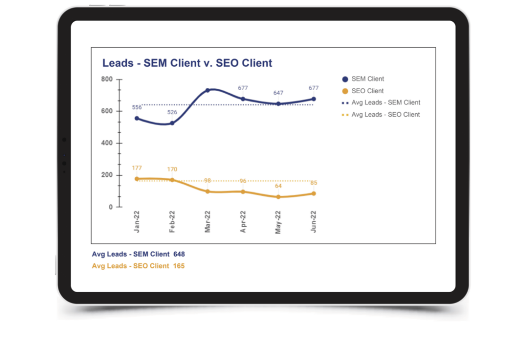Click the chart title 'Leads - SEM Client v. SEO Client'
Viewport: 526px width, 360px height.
pos(187,63)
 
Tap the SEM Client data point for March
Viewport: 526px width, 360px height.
pos(207,90)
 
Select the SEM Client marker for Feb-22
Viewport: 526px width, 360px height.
pos(172,123)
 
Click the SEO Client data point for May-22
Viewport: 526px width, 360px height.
pos(278,197)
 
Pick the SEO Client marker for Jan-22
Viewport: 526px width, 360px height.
pos(137,179)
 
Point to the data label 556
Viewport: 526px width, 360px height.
pos(137,107)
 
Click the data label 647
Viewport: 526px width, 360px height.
pos(278,93)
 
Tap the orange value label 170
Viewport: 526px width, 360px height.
pos(172,169)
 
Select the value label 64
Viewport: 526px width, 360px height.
pos(278,186)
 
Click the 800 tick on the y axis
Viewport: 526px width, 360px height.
pos(107,79)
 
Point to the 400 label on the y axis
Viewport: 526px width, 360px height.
pos(107,143)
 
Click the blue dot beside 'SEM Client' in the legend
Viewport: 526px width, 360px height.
pos(345,79)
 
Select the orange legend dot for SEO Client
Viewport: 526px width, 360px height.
pos(345,91)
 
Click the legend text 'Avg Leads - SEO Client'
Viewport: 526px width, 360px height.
pos(386,115)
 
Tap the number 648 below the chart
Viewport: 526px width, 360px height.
pos(179,254)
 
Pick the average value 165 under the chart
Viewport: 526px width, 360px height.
pos(179,266)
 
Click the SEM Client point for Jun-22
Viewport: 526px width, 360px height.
pos(313,99)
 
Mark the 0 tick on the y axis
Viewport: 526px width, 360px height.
pos(110,207)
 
